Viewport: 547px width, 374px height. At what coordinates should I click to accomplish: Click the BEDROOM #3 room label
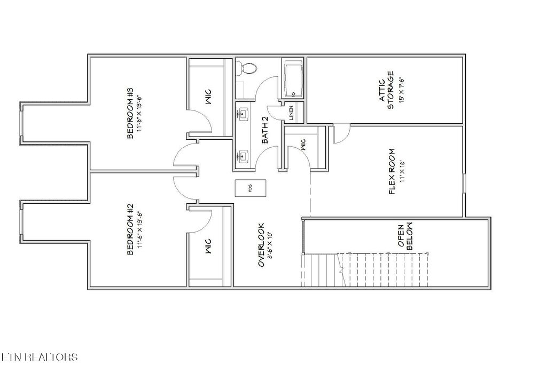(130, 113)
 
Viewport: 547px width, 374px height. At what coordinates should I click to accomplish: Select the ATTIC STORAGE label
(386, 90)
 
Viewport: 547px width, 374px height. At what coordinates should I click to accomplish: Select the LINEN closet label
(291, 113)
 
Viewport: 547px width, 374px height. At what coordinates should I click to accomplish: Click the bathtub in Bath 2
(293, 79)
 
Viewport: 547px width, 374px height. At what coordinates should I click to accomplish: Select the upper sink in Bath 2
(244, 113)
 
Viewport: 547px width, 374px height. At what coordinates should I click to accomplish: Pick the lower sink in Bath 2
(244, 156)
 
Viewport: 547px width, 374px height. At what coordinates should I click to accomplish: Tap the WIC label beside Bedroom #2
(208, 246)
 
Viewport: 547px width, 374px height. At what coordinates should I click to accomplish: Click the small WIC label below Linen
(302, 147)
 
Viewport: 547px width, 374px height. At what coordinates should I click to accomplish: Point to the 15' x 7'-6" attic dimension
(398, 90)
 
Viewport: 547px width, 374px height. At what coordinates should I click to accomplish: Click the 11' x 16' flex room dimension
(402, 171)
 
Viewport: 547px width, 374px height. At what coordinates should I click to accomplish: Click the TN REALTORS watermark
(40, 357)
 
